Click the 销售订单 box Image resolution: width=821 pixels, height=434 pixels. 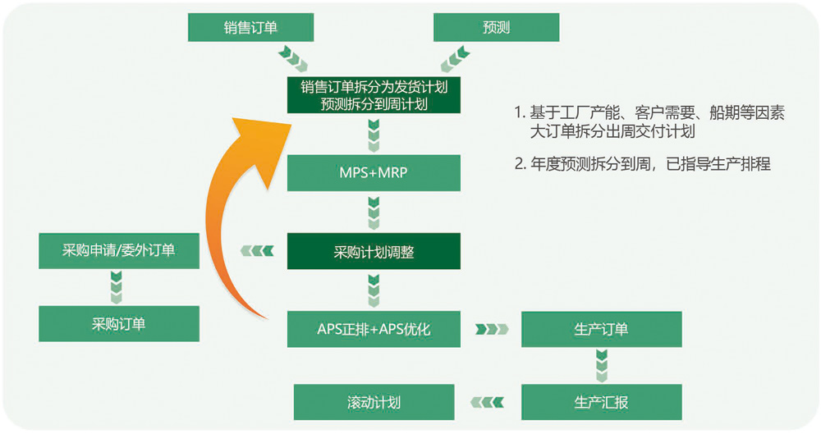pos(250,27)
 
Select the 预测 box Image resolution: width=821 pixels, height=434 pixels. pos(496,27)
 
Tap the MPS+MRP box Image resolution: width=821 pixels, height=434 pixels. pos(374,173)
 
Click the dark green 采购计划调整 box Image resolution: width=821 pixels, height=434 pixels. pos(374,252)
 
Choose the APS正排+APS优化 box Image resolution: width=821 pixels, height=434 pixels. pos(374,329)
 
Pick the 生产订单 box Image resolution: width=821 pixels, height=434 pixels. pos(601,329)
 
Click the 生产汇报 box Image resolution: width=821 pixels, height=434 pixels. pos(601,402)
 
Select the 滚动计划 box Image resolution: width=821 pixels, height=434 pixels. pos(374,402)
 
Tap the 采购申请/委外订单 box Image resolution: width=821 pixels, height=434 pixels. pos(119,250)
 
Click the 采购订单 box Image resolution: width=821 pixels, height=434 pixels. pos(119,323)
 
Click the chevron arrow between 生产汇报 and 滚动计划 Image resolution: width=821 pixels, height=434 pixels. pos(488,402)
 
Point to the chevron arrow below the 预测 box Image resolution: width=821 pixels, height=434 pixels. pos(455,57)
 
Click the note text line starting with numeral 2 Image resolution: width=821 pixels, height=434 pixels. pos(642,164)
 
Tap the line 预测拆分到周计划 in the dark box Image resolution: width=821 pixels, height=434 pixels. pos(374,104)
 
